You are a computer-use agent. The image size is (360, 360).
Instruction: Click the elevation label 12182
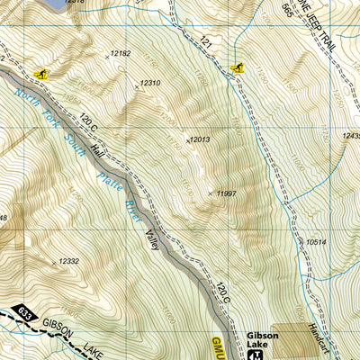click(120, 54)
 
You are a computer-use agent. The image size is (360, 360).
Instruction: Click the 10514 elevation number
click(316, 242)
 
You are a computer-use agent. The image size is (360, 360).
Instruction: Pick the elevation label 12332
click(69, 261)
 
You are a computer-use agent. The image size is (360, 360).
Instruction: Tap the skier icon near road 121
click(237, 67)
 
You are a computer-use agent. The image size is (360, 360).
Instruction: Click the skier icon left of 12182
click(40, 72)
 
